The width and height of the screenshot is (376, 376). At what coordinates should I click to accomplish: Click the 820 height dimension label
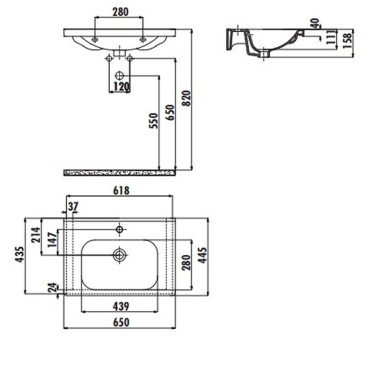click(186, 98)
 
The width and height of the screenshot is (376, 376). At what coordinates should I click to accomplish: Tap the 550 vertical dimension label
click(154, 121)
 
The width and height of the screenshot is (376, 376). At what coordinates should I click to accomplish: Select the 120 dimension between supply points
click(122, 86)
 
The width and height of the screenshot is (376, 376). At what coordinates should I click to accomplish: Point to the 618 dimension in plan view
click(122, 191)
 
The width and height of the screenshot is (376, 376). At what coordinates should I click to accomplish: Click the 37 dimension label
click(73, 206)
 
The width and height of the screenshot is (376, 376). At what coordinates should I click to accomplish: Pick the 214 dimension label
click(36, 235)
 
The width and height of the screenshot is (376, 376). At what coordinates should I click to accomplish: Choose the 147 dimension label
click(52, 240)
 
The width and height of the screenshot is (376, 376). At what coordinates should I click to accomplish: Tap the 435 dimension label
click(19, 254)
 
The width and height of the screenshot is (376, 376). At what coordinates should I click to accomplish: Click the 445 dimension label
click(202, 256)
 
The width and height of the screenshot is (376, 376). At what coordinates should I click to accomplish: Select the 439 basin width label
click(121, 306)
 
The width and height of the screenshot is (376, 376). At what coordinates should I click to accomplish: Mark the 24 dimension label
click(52, 288)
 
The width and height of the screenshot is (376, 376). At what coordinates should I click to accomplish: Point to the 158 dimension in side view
click(347, 41)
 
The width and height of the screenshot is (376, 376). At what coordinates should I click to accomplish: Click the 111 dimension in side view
click(331, 38)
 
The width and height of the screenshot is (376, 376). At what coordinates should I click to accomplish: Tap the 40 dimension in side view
click(315, 23)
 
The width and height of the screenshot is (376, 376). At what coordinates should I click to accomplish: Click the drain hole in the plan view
click(119, 255)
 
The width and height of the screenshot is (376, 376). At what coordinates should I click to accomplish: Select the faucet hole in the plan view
click(120, 229)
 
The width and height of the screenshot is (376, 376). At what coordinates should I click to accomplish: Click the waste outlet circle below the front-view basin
click(119, 76)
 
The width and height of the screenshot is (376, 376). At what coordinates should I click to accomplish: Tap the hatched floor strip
click(120, 173)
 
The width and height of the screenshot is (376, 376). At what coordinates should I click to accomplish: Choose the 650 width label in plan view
click(121, 322)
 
